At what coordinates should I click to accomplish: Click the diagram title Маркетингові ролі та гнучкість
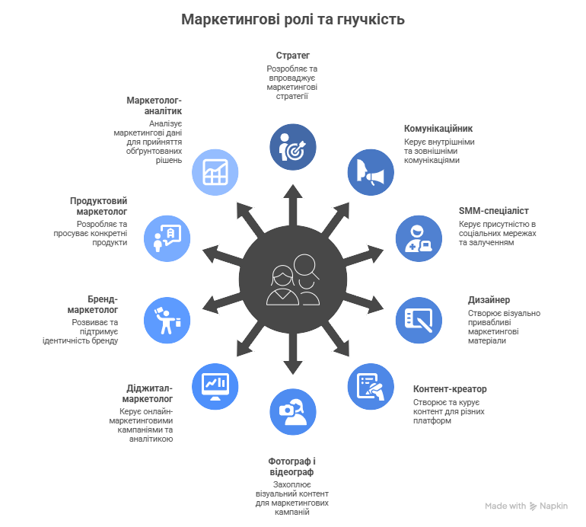(x=293, y=19)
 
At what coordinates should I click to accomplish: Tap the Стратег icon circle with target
(x=293, y=147)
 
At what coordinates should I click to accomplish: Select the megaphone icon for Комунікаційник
(x=371, y=174)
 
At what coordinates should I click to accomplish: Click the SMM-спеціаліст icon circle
(x=418, y=238)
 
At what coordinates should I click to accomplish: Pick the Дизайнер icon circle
(x=418, y=319)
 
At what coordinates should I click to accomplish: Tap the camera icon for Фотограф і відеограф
(x=293, y=411)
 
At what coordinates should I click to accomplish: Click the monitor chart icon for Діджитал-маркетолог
(x=215, y=385)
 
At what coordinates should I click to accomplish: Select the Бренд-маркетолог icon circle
(x=167, y=319)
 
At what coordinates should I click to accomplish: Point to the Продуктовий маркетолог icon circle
(x=167, y=238)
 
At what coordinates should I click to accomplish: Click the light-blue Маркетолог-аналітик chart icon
(x=215, y=174)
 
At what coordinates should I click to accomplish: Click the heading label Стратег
(x=293, y=56)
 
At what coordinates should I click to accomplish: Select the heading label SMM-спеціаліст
(x=493, y=210)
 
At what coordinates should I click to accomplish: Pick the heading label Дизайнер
(x=489, y=300)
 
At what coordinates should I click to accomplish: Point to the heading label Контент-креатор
(x=450, y=389)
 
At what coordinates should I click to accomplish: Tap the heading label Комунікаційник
(x=438, y=129)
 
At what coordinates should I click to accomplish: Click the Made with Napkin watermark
(x=526, y=505)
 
